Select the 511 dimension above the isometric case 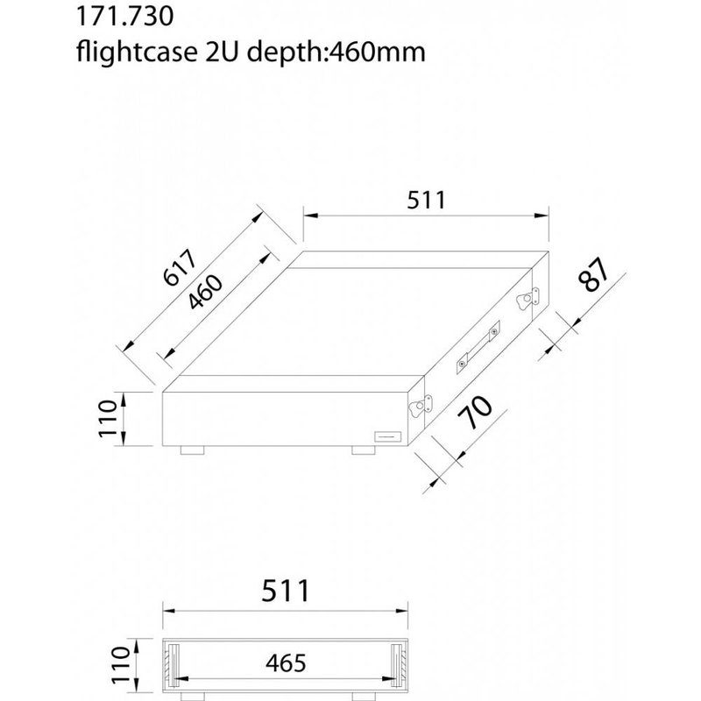tap(427, 200)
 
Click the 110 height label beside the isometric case tap(108, 420)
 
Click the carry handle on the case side tap(478, 347)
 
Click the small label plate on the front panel tap(387, 435)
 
